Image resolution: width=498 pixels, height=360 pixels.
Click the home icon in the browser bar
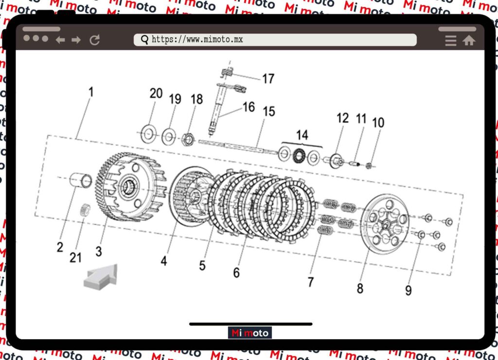[469, 40]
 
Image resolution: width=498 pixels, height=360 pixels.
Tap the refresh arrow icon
[95, 40]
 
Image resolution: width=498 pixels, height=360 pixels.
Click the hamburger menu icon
[451, 40]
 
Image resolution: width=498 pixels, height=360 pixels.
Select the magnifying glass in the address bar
[144, 40]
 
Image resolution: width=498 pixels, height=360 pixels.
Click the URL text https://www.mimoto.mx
[197, 39]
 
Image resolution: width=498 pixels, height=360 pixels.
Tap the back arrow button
[60, 40]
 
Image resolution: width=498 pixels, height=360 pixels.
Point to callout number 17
[268, 78]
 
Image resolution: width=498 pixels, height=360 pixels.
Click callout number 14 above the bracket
[302, 135]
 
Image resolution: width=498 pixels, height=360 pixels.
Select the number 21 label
[75, 257]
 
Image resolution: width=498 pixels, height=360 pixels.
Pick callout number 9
[409, 290]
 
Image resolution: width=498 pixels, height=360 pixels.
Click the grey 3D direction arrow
[101, 277]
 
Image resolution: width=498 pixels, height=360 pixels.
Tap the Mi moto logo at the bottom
[249, 333]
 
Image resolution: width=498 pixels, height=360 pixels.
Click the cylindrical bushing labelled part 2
[81, 180]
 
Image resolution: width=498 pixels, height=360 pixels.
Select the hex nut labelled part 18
[188, 140]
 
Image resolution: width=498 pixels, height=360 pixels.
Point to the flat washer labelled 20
[148, 134]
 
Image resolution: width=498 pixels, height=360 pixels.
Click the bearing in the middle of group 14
[299, 156]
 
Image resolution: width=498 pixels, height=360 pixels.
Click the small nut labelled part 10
[369, 165]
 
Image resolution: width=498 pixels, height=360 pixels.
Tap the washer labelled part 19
[168, 137]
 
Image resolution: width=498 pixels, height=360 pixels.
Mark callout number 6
[236, 272]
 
